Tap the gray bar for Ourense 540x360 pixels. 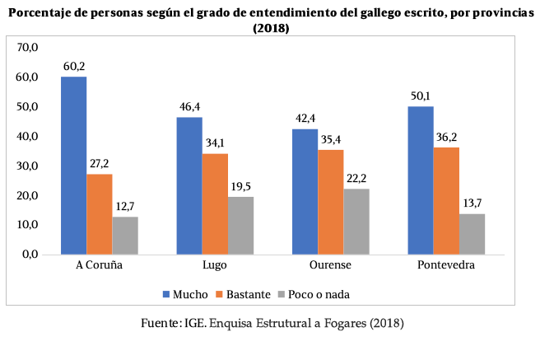click(357, 222)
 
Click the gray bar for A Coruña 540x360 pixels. click(125, 236)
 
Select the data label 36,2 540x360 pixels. click(446, 138)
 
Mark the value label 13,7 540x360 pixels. click(472, 204)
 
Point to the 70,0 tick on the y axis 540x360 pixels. click(29, 48)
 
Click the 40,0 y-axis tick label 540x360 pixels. click(29, 136)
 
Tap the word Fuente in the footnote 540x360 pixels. click(160, 324)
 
